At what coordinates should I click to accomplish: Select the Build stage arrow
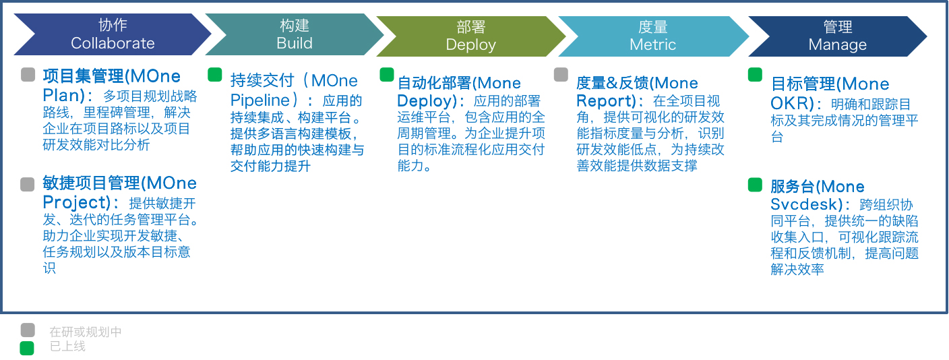[x=295, y=34]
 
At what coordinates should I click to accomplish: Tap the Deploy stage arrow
[x=470, y=36]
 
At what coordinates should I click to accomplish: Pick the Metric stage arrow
[x=652, y=36]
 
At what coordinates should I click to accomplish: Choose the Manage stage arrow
[x=837, y=36]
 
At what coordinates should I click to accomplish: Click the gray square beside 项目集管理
[x=28, y=74]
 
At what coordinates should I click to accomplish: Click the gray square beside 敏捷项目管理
[x=28, y=184]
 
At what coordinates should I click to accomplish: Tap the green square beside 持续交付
[x=214, y=74]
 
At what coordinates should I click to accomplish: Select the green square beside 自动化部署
[x=386, y=74]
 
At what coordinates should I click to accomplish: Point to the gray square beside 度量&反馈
[x=561, y=74]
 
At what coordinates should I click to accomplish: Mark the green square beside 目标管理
[x=755, y=75]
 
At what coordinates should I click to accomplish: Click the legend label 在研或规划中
[x=86, y=332]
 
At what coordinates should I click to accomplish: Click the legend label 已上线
[x=67, y=347]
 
